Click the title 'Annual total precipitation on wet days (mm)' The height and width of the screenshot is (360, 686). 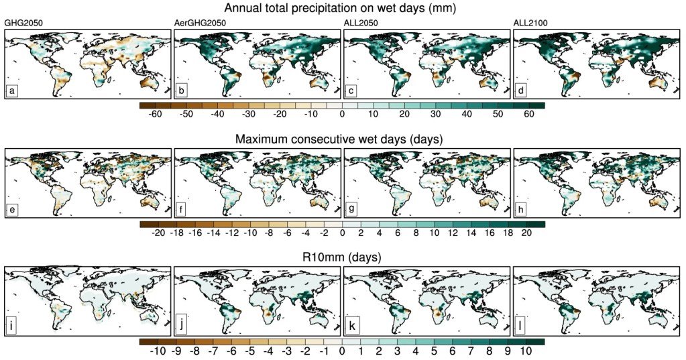coord(342,8)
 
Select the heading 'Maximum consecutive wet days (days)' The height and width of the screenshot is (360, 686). coord(342,139)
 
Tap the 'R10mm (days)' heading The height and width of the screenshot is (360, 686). coord(342,257)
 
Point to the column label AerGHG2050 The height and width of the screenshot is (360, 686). coord(199,23)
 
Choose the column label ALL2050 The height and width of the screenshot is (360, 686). coord(363,23)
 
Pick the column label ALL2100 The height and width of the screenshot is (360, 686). coord(532,23)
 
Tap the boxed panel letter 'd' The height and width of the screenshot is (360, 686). coord(522,91)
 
